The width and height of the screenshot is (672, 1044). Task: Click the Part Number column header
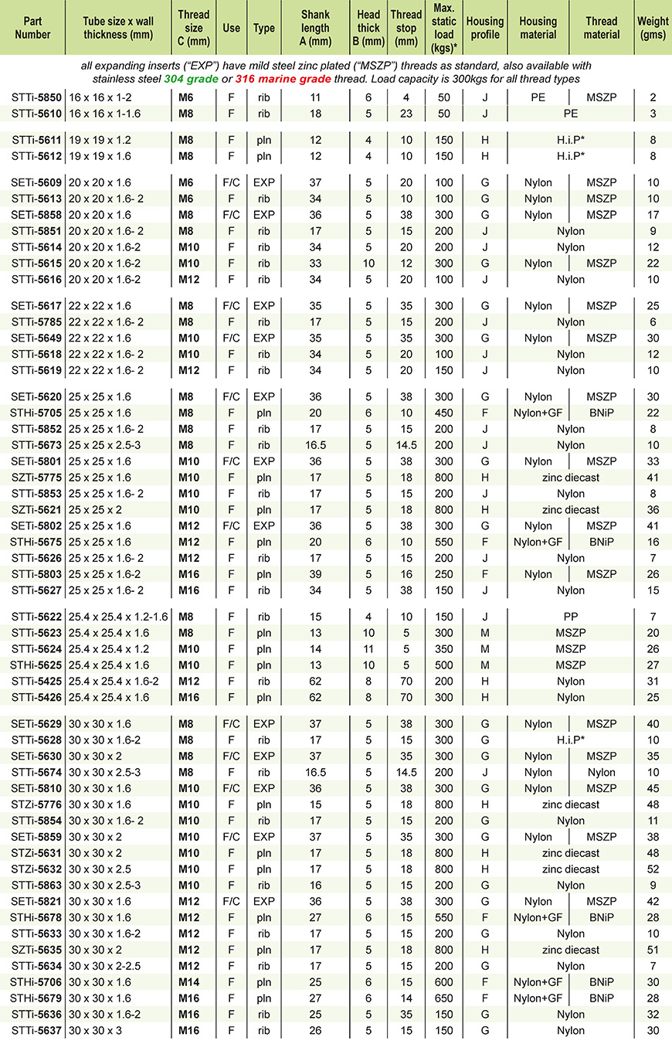point(32,28)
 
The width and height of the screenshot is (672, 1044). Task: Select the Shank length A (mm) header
point(314,28)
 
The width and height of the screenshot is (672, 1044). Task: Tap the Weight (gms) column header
point(653,28)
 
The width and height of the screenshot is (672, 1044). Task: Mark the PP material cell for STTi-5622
point(571,617)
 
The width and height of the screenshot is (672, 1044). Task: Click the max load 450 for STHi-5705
point(443,413)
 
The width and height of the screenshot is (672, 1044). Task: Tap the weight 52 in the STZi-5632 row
point(653,869)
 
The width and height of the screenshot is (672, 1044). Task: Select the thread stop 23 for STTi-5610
point(406,114)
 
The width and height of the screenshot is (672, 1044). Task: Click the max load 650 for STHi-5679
point(443,998)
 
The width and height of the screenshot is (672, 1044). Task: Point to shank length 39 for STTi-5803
point(314,574)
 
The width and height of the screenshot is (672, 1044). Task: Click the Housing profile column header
point(485,28)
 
